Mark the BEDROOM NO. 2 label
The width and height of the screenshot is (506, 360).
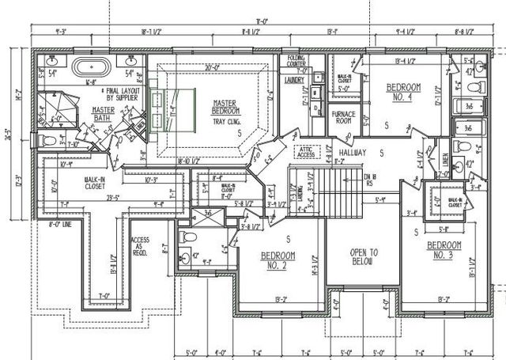[278, 260]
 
